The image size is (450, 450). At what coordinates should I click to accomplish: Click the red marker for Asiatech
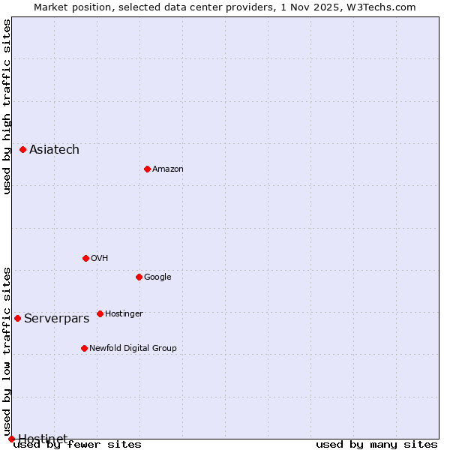23,150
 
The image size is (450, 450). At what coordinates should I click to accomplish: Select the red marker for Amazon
147,169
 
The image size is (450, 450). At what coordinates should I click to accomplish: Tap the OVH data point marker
85,258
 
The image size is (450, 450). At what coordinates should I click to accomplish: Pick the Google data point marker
139,277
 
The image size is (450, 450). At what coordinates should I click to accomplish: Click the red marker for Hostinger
100,313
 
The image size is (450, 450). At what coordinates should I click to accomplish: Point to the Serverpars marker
17,318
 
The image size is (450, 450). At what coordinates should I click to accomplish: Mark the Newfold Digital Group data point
84,348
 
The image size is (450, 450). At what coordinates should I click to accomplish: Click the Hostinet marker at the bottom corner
11,439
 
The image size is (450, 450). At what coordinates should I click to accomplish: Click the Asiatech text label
54,150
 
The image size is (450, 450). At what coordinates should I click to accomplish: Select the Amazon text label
168,169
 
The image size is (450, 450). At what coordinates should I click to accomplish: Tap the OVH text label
100,259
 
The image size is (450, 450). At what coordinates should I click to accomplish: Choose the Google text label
157,277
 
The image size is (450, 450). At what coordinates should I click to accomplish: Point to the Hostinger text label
124,314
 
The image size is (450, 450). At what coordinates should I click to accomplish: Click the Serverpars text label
56,319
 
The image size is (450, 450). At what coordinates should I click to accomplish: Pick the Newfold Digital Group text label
133,349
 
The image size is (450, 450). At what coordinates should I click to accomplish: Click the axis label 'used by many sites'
376,445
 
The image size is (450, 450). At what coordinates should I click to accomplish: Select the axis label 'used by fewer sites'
77,445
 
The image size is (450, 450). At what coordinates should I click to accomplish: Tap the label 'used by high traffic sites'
7,106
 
